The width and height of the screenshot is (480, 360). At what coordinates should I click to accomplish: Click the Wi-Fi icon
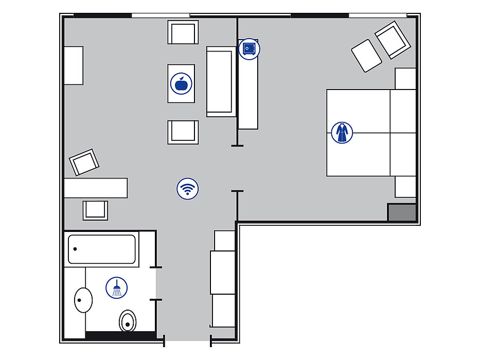188,189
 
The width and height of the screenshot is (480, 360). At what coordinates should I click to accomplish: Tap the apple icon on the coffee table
181,83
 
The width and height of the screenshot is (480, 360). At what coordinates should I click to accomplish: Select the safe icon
250,49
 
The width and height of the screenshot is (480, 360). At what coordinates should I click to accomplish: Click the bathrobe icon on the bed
342,133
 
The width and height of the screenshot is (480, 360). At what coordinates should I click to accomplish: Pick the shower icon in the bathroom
117,287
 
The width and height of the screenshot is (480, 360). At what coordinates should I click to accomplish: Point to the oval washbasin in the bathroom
83,300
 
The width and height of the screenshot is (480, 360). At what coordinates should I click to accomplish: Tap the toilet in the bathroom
128,321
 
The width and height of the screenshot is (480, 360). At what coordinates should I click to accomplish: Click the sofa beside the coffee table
221,81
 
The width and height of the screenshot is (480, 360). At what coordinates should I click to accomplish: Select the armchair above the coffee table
183,32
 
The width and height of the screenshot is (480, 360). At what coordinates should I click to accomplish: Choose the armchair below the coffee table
183,132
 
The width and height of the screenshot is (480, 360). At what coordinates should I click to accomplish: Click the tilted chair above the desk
84,163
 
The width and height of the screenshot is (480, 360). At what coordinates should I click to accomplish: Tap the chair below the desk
96,210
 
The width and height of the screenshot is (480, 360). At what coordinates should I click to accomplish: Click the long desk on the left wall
96,188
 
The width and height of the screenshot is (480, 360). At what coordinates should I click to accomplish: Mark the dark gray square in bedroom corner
401,212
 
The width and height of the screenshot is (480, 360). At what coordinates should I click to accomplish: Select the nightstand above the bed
405,79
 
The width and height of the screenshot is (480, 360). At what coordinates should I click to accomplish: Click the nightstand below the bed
405,187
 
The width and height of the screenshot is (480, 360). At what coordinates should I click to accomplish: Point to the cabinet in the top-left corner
74,65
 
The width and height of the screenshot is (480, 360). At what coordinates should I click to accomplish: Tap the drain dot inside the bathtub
75,249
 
